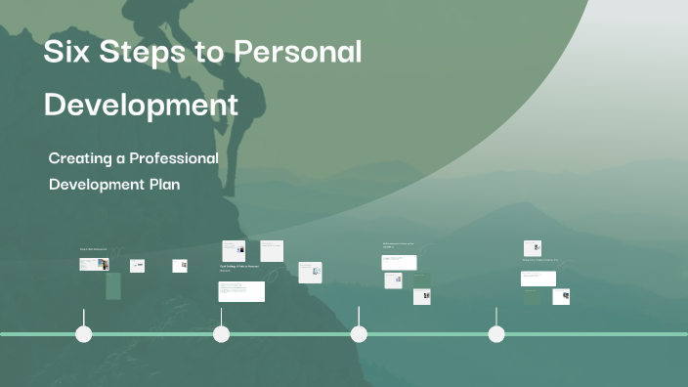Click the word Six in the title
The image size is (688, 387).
tap(64, 53)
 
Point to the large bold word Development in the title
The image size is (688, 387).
tap(141, 104)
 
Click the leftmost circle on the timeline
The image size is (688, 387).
tap(84, 334)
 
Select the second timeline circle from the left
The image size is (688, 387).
tap(222, 334)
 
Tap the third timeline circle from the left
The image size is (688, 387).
tap(359, 334)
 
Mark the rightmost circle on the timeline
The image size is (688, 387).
tap(496, 334)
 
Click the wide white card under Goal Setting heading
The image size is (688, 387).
tap(240, 291)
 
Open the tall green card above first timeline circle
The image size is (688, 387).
tap(113, 285)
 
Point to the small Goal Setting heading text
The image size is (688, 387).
tap(239, 266)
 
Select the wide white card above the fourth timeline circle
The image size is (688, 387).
tap(537, 278)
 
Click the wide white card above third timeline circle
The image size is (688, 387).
tap(399, 262)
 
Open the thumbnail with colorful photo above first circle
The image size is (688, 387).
tap(95, 264)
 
